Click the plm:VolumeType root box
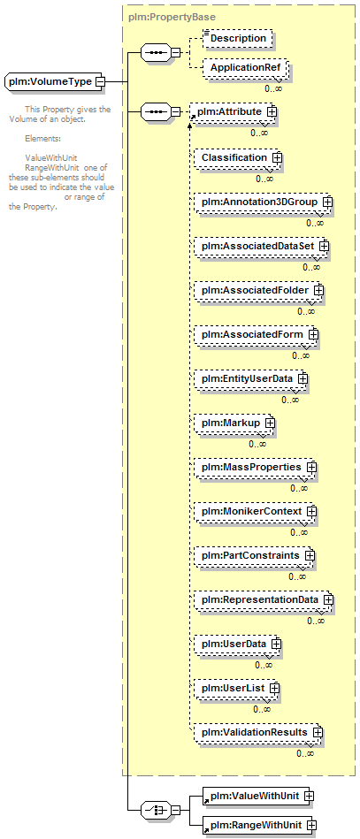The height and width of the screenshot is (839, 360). pyautogui.click(x=55, y=81)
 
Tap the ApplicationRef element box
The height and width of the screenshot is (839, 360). pyautogui.click(x=245, y=68)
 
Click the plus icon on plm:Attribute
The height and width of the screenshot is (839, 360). pyautogui.click(x=272, y=111)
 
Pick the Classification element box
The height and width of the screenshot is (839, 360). pyautogui.click(x=239, y=158)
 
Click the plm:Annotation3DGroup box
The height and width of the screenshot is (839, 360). pyautogui.click(x=264, y=202)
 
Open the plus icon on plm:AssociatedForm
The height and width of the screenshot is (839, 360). pyautogui.click(x=313, y=334)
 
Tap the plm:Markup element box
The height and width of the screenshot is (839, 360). pyautogui.click(x=234, y=423)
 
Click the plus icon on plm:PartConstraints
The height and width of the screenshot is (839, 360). pyautogui.click(x=309, y=555)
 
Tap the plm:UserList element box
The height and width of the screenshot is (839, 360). pyautogui.click(x=237, y=688)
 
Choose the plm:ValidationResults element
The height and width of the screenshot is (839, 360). pyautogui.click(x=259, y=732)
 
